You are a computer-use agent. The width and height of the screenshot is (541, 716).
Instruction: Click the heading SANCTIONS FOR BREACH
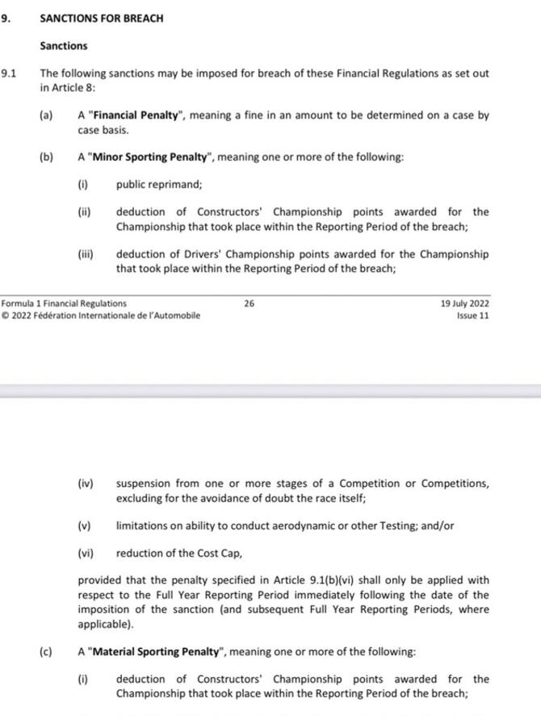(102, 17)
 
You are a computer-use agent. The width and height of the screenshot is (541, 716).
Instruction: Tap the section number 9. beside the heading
(6, 17)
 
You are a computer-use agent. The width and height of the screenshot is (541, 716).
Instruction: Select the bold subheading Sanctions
(64, 46)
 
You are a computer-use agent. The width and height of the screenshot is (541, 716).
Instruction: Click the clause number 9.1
(9, 73)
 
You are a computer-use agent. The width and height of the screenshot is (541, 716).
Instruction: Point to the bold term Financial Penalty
(136, 115)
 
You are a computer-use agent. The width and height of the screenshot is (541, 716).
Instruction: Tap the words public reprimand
(159, 184)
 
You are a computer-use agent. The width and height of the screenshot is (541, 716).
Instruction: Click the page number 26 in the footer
(249, 304)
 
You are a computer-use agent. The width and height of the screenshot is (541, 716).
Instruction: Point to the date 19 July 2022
(464, 304)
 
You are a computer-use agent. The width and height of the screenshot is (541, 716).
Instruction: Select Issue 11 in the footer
(472, 316)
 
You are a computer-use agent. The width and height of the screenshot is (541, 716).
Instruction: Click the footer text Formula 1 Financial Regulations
(64, 304)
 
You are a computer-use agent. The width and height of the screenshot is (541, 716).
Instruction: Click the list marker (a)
(46, 115)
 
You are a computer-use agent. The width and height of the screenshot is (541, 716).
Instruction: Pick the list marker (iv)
(86, 484)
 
